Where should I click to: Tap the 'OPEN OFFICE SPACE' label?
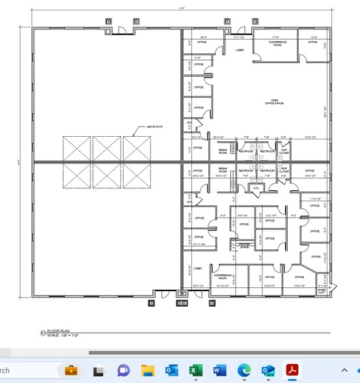pyautogui.click(x=274, y=101)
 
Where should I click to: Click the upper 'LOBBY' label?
pyautogui.click(x=240, y=50)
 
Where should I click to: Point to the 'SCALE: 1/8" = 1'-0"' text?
pyautogui.click(x=64, y=335)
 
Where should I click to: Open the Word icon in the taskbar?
pyautogui.click(x=219, y=371)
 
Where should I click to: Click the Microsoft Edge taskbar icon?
pyautogui.click(x=243, y=371)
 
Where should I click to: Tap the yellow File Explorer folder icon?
pyautogui.click(x=148, y=371)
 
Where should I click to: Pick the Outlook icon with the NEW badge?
pyautogui.click(x=267, y=371)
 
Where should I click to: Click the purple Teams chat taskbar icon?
pyautogui.click(x=123, y=371)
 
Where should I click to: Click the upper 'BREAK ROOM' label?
pyautogui.click(x=223, y=150)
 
